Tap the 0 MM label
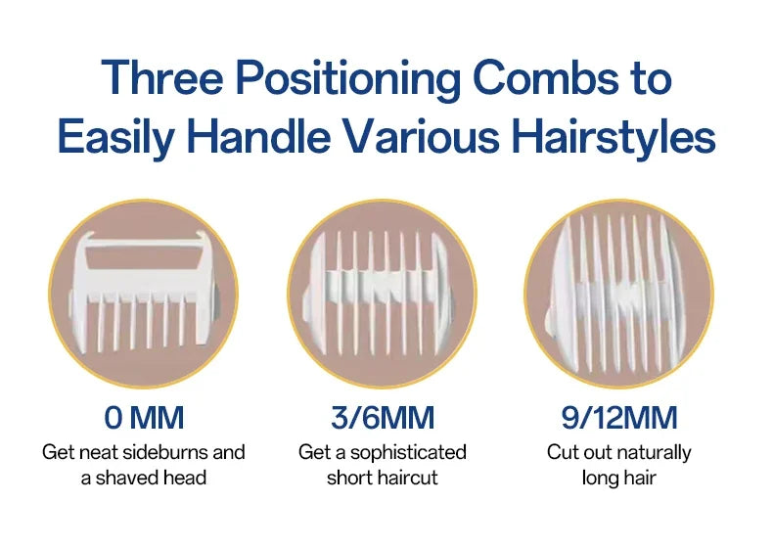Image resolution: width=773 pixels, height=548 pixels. click(144, 419)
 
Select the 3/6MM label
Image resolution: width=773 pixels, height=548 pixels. click(383, 419)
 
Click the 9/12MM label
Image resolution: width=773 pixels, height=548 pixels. click(618, 419)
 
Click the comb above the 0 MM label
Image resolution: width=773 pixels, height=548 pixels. click(144, 293)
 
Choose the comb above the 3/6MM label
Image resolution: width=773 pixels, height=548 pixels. click(383, 293)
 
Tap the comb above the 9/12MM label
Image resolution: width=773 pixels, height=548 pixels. click(618, 293)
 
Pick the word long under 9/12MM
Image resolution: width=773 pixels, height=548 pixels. click(600, 479)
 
